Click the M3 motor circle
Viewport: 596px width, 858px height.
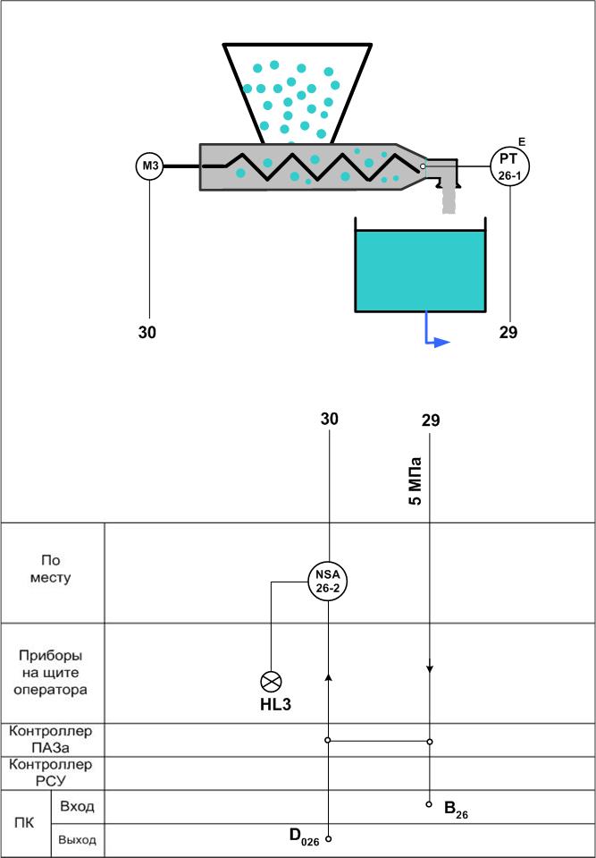pyautogui.click(x=150, y=166)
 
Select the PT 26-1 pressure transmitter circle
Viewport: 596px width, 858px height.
pyautogui.click(x=510, y=166)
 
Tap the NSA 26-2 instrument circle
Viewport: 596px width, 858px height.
pyautogui.click(x=328, y=582)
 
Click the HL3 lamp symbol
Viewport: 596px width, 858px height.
pyautogui.click(x=272, y=681)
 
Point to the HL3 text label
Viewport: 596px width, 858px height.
pyautogui.click(x=275, y=705)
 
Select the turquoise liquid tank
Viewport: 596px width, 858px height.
pyautogui.click(x=420, y=265)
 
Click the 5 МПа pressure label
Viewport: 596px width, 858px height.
pyautogui.click(x=416, y=481)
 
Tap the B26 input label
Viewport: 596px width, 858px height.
pyautogui.click(x=456, y=810)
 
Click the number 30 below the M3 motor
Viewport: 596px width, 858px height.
pyautogui.click(x=147, y=333)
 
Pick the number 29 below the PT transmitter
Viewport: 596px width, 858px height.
pyautogui.click(x=508, y=332)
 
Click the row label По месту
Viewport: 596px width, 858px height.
pyautogui.click(x=52, y=569)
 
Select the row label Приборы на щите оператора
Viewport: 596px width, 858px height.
pyautogui.click(x=53, y=673)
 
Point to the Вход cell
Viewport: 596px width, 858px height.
pyautogui.click(x=77, y=807)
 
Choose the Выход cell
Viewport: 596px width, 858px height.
pyautogui.click(x=78, y=840)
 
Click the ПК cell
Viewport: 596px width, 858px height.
pyautogui.click(x=26, y=823)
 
